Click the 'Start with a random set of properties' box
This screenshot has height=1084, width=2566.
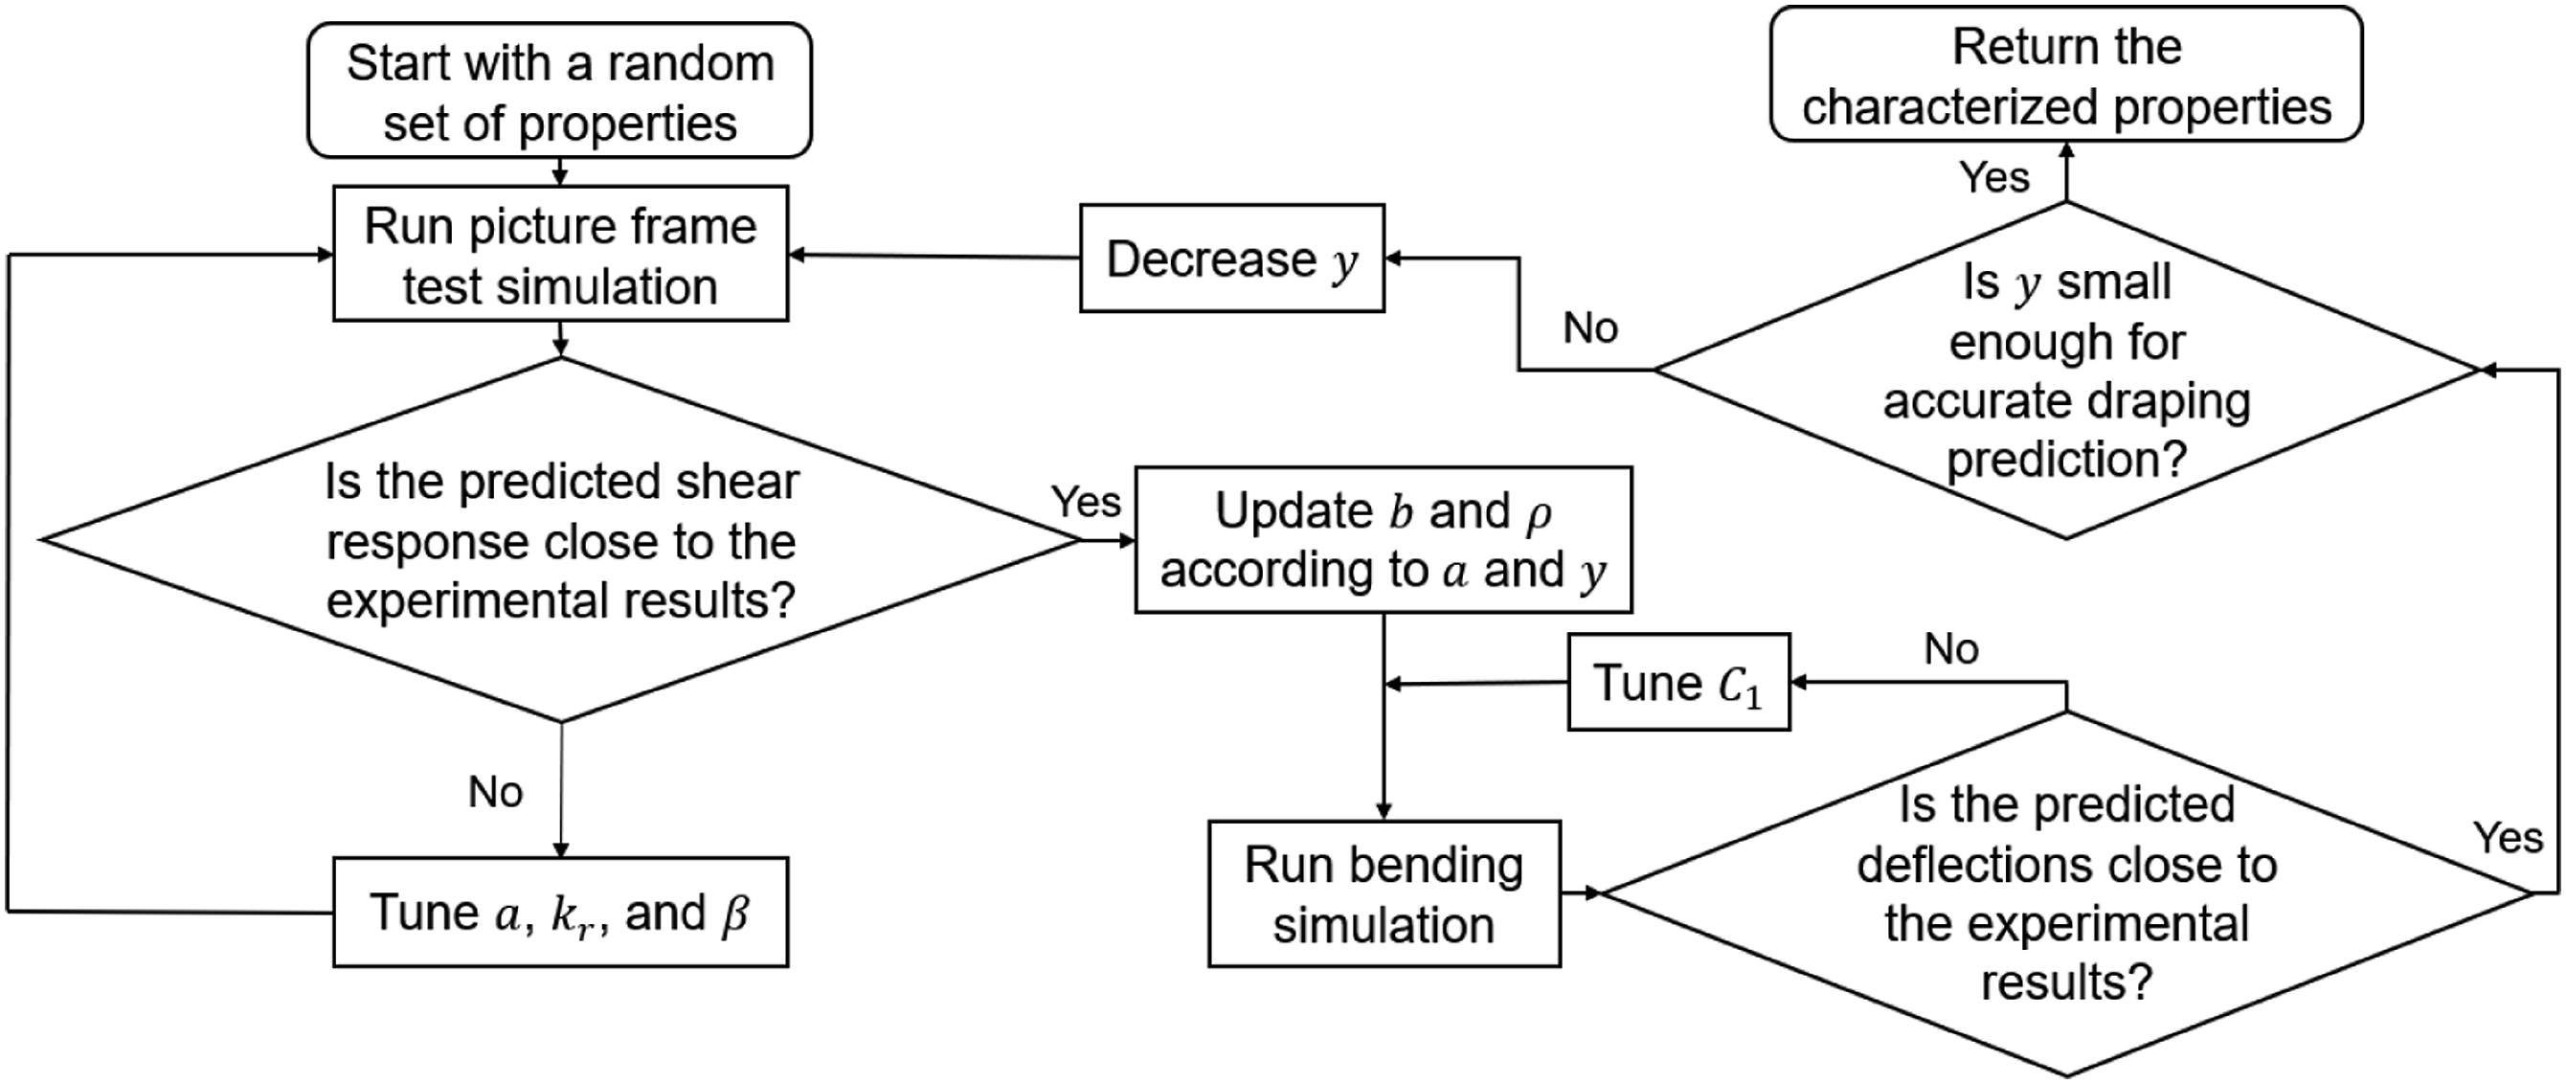(560, 91)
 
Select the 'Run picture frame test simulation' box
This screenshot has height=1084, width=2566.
(560, 253)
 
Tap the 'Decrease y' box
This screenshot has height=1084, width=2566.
(1232, 258)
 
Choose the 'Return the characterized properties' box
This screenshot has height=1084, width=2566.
(2066, 75)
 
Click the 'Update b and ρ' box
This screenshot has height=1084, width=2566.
(1384, 539)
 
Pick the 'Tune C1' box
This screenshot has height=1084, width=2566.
(1678, 683)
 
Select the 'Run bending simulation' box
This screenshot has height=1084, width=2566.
(1384, 893)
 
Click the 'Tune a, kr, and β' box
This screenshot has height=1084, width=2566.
(560, 912)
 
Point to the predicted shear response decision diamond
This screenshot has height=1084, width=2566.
(560, 540)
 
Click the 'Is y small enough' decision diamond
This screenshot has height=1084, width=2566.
(2066, 371)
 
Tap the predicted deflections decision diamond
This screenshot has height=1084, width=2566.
(2066, 893)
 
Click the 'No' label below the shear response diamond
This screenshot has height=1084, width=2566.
(495, 792)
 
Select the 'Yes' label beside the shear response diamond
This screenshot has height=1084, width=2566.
(1086, 501)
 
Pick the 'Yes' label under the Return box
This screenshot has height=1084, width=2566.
(1994, 177)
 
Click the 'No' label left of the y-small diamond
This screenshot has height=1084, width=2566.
(1590, 327)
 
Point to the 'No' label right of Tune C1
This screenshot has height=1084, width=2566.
(1951, 649)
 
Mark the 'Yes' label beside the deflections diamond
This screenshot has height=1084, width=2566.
(2509, 838)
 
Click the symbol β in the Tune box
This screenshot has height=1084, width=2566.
(735, 914)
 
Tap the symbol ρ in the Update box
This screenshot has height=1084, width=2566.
(1539, 514)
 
